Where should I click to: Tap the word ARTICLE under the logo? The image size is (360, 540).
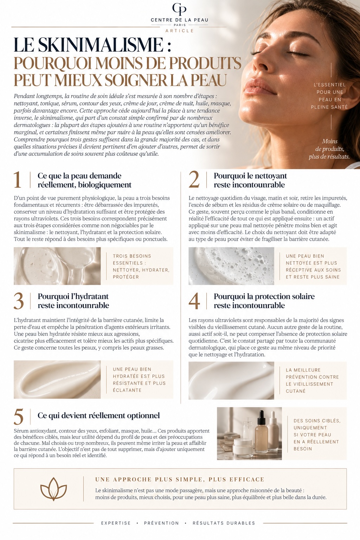[x=180, y=31]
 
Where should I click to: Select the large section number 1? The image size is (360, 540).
[x=17, y=180]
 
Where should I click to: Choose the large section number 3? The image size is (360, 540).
[x=19, y=301]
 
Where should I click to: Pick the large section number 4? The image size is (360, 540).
[x=194, y=301]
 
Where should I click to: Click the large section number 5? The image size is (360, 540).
[x=19, y=417]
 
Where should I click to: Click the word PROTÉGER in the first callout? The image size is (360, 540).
[x=126, y=277]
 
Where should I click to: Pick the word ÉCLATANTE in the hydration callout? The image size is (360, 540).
[x=127, y=390]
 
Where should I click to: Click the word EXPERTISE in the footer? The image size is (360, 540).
[x=116, y=523]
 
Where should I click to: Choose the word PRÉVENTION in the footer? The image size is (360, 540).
[x=162, y=523]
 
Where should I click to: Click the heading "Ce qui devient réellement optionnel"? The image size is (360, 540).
[x=99, y=415]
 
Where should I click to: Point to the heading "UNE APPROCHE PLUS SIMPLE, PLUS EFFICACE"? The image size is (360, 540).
[x=180, y=480]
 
